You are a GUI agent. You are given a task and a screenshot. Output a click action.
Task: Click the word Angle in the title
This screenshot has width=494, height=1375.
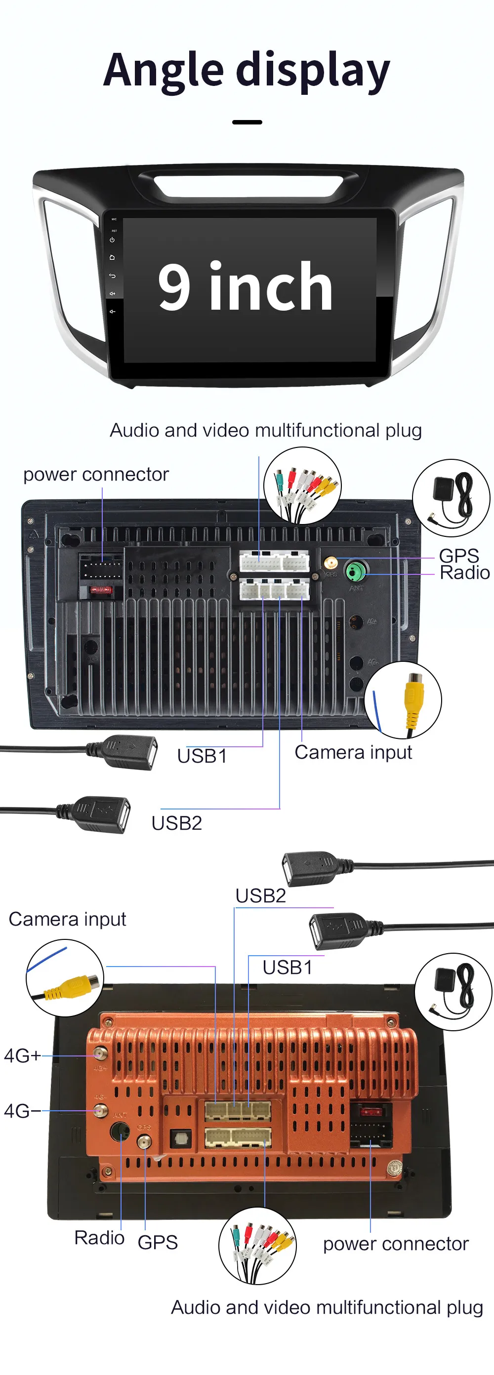164,71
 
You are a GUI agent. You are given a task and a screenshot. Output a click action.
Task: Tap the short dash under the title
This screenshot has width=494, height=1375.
247,122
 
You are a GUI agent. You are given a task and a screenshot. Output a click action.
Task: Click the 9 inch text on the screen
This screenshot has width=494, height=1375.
246,286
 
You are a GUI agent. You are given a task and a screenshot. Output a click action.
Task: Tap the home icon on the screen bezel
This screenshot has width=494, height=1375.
112,257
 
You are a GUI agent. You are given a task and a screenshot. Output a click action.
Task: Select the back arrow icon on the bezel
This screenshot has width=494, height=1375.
112,276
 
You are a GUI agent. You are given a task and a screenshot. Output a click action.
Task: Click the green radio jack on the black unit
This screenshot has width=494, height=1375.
354,571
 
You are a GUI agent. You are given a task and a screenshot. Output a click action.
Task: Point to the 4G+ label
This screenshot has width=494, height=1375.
22,1055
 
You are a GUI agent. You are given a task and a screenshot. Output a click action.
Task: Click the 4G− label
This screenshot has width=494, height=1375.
22,1111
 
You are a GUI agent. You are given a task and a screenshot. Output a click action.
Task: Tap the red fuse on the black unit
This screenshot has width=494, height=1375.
100,590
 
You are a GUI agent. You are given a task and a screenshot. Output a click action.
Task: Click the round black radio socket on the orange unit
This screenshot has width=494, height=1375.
120,1131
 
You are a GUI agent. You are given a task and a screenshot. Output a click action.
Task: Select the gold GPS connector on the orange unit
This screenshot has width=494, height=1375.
144,1142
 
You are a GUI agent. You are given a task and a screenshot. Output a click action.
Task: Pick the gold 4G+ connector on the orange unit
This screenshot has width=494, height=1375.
100,1053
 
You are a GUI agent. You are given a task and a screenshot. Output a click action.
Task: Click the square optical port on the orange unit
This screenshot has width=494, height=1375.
180,1138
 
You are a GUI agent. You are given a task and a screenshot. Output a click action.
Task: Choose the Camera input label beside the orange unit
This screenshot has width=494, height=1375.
67,919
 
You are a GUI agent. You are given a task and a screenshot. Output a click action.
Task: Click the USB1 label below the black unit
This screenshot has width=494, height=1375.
202,756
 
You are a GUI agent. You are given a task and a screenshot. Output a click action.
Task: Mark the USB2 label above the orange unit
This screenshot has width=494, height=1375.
261,895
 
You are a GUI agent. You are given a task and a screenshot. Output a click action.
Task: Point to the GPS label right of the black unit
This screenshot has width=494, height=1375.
458,556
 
